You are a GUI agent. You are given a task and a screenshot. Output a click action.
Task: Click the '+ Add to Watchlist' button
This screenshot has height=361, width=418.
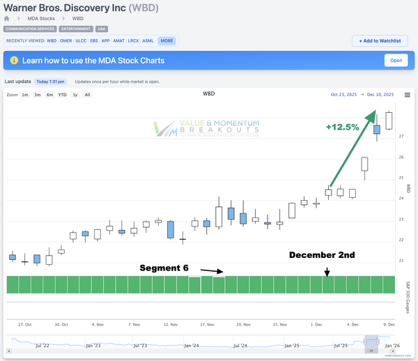(380, 41)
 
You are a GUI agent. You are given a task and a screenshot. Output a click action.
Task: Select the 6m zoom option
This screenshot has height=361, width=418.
(50, 95)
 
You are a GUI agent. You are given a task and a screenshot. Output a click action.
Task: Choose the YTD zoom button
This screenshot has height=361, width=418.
(62, 95)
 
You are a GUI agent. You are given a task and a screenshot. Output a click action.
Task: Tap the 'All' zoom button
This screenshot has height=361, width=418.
(87, 95)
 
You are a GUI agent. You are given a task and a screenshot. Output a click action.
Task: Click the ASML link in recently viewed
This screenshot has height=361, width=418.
(148, 41)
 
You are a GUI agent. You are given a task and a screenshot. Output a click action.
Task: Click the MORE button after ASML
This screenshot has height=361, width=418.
(167, 41)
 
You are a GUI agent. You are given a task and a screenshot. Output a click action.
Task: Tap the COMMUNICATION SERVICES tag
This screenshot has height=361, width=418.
(29, 29)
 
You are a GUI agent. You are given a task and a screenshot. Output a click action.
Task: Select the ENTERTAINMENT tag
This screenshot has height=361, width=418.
(75, 29)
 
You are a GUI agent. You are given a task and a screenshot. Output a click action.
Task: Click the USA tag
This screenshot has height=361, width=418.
(102, 29)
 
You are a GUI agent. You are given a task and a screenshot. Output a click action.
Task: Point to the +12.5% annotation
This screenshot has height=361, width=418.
(342, 128)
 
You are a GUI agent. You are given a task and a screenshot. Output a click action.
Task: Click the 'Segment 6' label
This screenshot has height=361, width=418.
(164, 268)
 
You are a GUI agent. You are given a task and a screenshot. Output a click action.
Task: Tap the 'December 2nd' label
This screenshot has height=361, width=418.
(323, 255)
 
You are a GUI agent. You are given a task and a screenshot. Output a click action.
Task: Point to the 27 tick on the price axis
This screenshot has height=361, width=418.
(401, 137)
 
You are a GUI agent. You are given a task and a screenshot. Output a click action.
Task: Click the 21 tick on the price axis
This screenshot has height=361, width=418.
(401, 261)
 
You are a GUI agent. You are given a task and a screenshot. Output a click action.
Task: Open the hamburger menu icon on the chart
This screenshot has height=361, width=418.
(408, 95)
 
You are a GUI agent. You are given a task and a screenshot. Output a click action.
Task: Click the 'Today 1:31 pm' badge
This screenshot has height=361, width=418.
(51, 82)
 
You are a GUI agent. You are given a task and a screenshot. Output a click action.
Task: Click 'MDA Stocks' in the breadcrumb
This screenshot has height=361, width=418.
(38, 18)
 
